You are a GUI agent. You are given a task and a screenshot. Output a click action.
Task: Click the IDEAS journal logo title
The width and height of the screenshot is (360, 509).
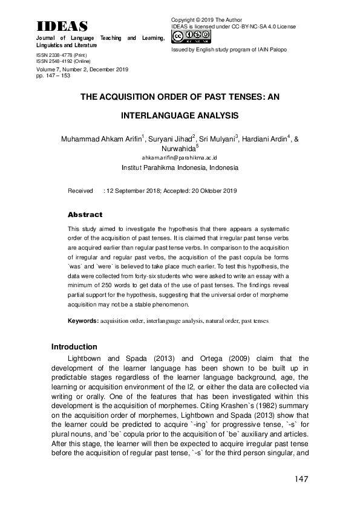coord(62,26)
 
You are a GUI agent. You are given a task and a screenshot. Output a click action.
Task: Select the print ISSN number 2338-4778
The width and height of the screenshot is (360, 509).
coord(64,55)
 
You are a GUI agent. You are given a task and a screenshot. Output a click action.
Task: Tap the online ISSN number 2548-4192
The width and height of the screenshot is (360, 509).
coord(64,61)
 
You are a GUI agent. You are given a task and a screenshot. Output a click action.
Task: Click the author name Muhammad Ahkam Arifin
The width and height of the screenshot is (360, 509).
coord(102,140)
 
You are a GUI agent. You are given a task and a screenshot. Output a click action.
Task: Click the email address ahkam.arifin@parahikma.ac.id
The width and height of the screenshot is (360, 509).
coord(179,157)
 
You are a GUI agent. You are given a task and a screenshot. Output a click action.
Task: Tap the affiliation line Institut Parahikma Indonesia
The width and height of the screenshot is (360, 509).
coord(180,167)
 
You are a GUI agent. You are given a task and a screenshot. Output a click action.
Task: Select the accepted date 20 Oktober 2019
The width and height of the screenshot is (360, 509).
coord(212,191)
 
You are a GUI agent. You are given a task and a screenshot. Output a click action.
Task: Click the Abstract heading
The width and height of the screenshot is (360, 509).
coord(85,215)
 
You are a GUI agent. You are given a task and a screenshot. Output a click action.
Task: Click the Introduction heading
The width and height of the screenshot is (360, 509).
coord(74,347)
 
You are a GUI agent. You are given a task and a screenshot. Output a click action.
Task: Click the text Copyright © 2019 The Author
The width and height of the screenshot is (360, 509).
coord(205,20)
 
